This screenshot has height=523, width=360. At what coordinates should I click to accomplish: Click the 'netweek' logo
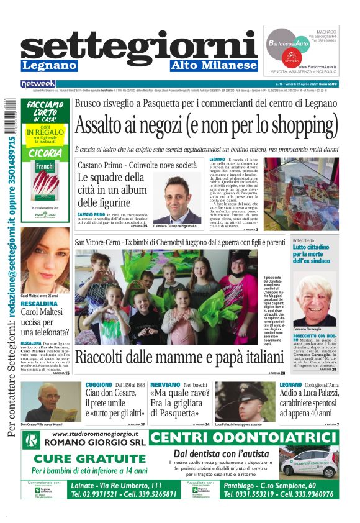coord(38,83)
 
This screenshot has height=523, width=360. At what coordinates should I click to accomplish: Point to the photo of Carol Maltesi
coord(45,260)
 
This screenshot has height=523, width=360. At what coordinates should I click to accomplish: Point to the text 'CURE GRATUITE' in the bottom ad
coord(85,458)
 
